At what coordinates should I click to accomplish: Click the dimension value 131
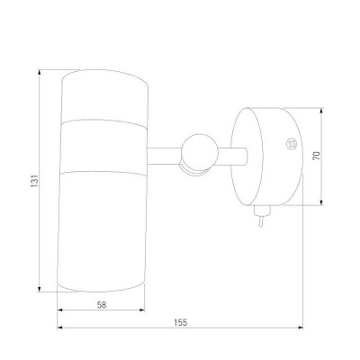(35, 181)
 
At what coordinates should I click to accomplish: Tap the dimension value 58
(102, 305)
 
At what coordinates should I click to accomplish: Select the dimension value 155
(181, 323)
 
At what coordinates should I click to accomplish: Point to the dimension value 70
(317, 156)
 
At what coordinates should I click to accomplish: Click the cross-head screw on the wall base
(291, 144)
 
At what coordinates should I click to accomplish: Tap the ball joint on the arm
(200, 152)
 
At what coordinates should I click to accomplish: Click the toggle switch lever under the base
(262, 221)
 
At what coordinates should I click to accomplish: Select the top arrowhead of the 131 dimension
(39, 73)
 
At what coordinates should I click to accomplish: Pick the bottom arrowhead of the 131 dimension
(39, 289)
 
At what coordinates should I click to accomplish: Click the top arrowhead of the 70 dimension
(321, 111)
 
